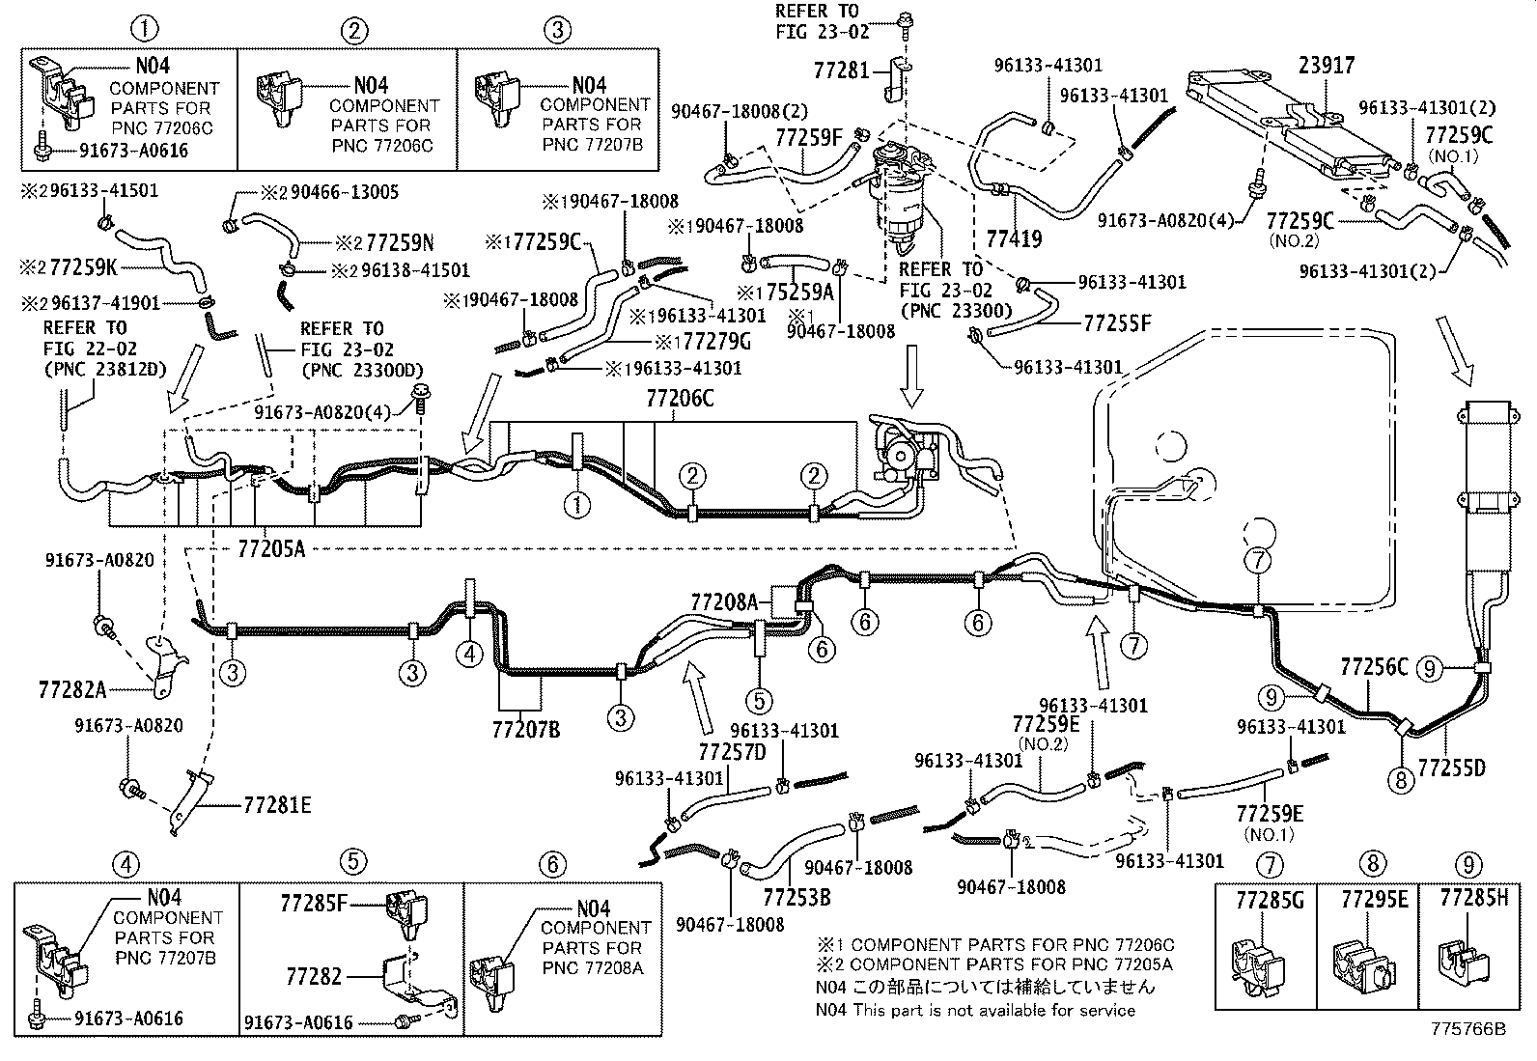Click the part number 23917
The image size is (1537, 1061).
click(1327, 66)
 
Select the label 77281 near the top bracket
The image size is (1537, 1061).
click(841, 70)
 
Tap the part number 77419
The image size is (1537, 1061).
click(1014, 238)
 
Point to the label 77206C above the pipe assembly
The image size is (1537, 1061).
click(680, 398)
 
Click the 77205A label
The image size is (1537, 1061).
click(271, 548)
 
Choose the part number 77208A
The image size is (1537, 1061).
click(724, 601)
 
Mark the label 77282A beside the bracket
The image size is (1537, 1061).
click(72, 689)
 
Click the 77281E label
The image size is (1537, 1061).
click(277, 804)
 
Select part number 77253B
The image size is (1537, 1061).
click(796, 897)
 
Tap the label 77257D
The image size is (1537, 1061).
click(732, 752)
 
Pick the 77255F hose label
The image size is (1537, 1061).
click(1117, 322)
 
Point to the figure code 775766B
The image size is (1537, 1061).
click(1468, 1029)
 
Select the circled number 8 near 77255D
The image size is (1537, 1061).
click(1401, 780)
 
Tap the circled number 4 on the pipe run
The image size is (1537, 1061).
click(469, 654)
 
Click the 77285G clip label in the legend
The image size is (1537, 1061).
click(1270, 900)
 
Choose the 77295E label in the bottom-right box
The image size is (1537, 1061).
click(1375, 899)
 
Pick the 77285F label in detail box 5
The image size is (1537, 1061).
click(314, 904)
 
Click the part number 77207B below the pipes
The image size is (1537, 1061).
click(525, 729)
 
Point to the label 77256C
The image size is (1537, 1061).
click(1374, 666)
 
